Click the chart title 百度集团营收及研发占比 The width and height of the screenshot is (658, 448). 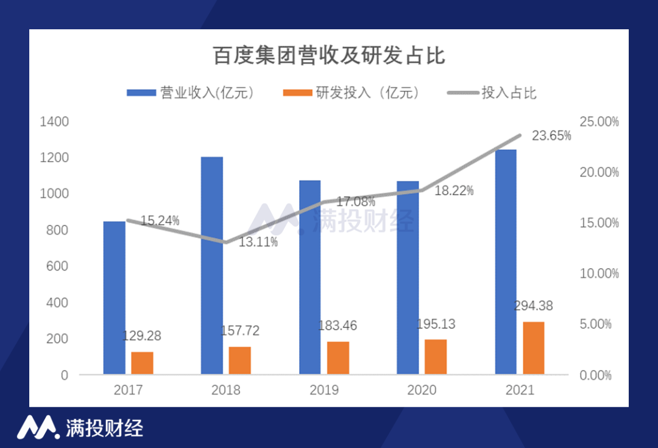(329, 56)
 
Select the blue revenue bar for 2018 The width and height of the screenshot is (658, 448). (212, 265)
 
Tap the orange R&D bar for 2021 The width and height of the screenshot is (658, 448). (533, 347)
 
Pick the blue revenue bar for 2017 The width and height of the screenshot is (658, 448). (114, 297)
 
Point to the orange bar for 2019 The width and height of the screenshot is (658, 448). (338, 358)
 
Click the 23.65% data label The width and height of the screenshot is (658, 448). (551, 135)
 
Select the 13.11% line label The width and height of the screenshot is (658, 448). (258, 242)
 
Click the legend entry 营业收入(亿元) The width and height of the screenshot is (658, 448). (190, 93)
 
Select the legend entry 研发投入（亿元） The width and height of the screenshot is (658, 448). (352, 93)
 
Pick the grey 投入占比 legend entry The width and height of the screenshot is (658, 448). (492, 93)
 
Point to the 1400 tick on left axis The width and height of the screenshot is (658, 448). (54, 122)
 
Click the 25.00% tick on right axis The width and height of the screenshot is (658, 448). (599, 122)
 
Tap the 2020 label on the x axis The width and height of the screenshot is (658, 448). (422, 390)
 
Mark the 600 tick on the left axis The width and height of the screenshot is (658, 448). (57, 266)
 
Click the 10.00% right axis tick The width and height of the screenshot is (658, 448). (599, 273)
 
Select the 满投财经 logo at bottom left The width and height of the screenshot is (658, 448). (79, 427)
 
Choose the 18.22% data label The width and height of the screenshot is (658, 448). (454, 191)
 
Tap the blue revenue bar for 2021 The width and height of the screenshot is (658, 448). (506, 261)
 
